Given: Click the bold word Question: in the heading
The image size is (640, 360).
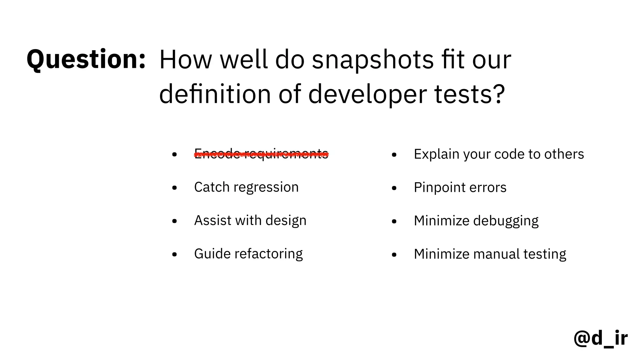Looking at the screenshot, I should point(86,59).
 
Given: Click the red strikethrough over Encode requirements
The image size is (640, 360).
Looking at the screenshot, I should point(261,154).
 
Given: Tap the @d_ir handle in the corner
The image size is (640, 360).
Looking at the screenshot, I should point(600,338).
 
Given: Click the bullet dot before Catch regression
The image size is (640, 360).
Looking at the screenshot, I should point(174,188).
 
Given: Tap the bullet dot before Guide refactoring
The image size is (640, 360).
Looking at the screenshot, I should point(174,254).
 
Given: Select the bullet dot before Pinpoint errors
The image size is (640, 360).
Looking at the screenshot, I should point(394,188).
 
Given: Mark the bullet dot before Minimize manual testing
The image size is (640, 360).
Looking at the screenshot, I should point(394,255).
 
